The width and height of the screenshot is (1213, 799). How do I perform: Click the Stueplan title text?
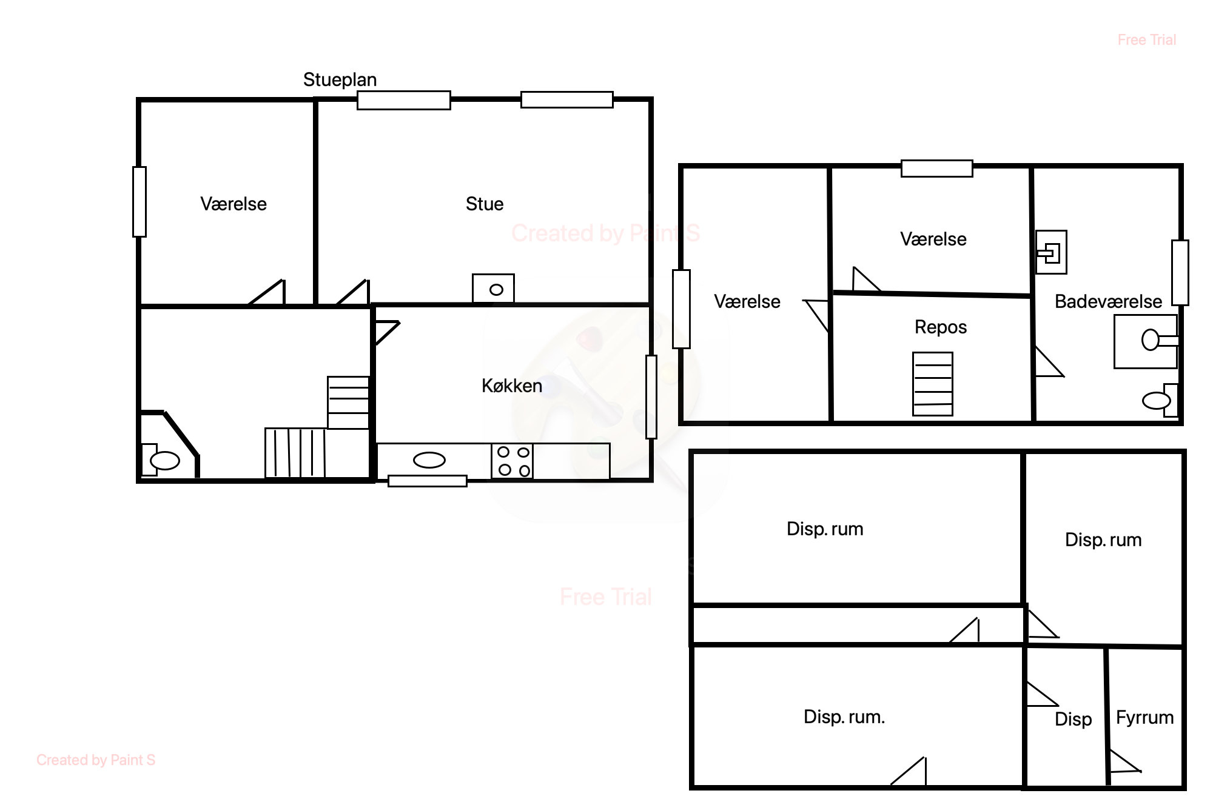click(x=340, y=79)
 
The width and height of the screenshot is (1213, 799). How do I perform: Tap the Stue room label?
click(x=485, y=204)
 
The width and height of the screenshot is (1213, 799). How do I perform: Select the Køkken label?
click(x=512, y=386)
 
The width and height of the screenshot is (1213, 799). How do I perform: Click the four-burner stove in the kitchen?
click(x=512, y=461)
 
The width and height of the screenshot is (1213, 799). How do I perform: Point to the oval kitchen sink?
click(x=429, y=461)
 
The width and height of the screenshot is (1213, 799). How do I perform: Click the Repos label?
click(x=941, y=327)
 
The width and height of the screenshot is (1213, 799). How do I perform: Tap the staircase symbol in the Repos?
click(x=933, y=384)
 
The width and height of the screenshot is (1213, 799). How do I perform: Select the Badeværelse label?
click(x=1108, y=301)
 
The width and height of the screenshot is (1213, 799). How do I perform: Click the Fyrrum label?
click(x=1144, y=718)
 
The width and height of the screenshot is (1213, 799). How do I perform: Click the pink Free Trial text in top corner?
click(x=1146, y=40)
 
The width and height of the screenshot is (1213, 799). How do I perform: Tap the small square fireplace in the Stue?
click(x=494, y=288)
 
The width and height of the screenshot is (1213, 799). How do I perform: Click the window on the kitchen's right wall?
click(x=651, y=396)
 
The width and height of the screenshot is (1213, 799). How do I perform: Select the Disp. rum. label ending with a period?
click(x=844, y=717)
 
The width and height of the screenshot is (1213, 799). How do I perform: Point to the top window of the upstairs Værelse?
click(x=937, y=169)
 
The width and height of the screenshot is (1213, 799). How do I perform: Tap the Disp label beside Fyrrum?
click(x=1073, y=720)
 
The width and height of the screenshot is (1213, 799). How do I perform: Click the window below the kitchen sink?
click(x=428, y=481)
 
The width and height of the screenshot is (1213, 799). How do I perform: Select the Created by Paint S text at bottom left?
click(x=96, y=760)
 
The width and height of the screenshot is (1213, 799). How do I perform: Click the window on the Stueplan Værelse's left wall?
click(x=139, y=201)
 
